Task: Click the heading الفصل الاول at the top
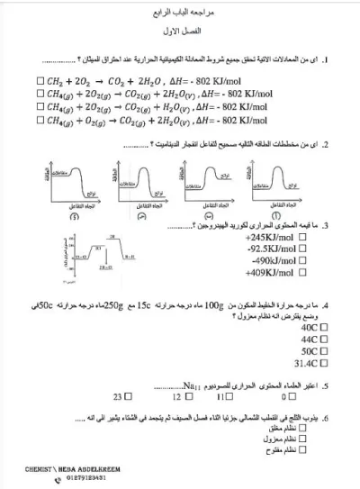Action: pos(180,33)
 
